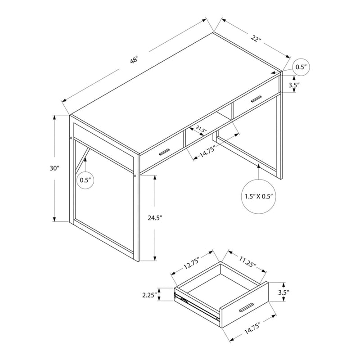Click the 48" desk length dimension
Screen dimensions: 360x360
tap(134, 60)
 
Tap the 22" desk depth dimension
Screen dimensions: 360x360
tap(256, 38)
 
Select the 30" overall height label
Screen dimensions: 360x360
tap(54, 168)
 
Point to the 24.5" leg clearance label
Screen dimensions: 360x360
tap(155, 218)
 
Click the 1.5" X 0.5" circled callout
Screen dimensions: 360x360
tap(259, 197)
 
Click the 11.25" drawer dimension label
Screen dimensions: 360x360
tap(248, 262)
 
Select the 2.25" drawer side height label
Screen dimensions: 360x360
tap(150, 295)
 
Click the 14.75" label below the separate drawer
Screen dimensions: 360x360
tap(252, 328)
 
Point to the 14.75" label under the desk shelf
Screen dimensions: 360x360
tap(207, 151)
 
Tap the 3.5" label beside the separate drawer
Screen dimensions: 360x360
tap(283, 292)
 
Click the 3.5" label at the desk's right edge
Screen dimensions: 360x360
tap(294, 85)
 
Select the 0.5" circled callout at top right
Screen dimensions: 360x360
tap(301, 67)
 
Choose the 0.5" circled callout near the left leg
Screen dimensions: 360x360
tap(85, 180)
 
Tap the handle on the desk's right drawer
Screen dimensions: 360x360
tap(256, 99)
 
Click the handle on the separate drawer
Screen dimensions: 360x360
tap(246, 307)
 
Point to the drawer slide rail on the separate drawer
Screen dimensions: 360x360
tap(197, 306)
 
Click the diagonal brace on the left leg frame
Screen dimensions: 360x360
tap(82, 159)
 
